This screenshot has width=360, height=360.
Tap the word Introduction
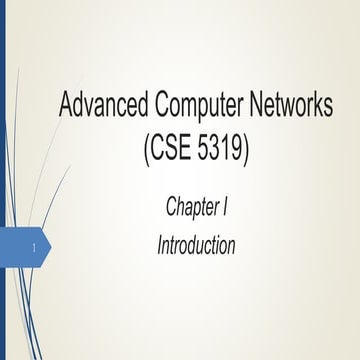click(x=196, y=244)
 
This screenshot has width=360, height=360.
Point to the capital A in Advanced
click(x=69, y=104)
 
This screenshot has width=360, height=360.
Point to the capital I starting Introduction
click(x=160, y=244)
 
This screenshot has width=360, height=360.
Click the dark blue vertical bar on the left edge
click(x=3, y=180)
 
